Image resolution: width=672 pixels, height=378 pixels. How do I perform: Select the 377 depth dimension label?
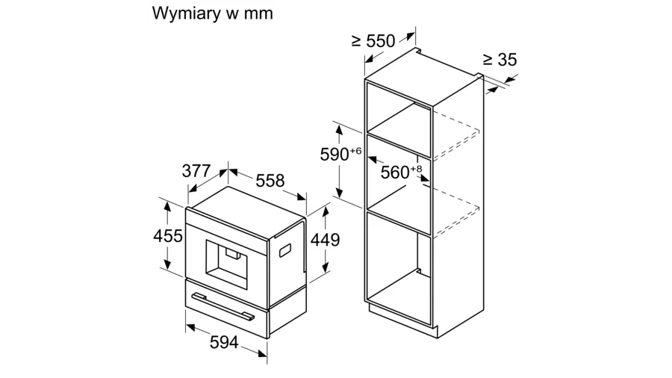coord(196,170)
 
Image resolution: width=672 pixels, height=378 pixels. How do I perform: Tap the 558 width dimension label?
coord(270,180)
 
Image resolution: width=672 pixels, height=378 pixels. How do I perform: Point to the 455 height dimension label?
coord(168,236)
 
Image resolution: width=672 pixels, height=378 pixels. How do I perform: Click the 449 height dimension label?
coord(326,240)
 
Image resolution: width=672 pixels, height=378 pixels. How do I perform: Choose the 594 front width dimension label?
coord(223,343)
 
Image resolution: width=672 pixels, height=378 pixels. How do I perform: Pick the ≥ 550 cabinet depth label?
coord(373,42)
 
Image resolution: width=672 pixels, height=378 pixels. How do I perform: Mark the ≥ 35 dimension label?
coord(500,60)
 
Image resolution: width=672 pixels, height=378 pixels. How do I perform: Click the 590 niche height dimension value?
coord(335,155)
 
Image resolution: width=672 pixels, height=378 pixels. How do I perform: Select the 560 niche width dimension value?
coord(394,173)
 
